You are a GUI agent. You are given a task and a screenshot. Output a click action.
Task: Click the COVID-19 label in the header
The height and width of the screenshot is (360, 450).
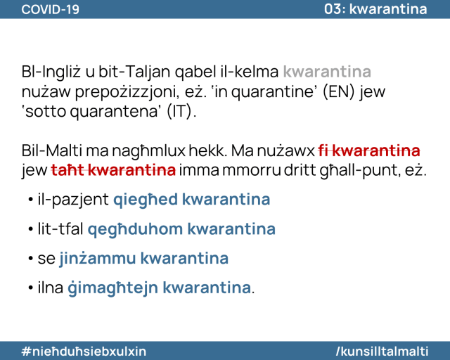(x=50, y=9)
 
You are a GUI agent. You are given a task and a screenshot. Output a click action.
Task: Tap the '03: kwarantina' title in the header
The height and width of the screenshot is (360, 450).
(x=375, y=9)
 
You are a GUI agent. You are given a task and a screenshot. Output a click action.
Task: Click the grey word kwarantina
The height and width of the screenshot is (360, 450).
(x=327, y=72)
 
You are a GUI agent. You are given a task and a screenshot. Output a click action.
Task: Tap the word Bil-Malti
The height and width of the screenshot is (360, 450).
(x=51, y=150)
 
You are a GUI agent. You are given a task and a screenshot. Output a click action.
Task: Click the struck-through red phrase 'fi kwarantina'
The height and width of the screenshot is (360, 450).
(x=369, y=150)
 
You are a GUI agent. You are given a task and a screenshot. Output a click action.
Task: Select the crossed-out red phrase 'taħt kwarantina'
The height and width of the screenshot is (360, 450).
(x=113, y=170)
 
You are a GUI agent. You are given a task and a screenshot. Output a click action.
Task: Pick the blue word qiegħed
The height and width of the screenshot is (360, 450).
(x=146, y=200)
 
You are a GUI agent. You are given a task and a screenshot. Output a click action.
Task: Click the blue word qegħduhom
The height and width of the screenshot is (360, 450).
(x=135, y=229)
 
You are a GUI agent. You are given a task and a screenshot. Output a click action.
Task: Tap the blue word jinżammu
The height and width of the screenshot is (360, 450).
(x=98, y=258)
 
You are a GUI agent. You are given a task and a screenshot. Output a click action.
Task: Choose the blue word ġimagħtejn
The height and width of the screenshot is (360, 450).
(x=112, y=288)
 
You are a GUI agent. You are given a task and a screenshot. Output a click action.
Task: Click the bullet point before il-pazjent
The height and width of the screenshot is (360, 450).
(x=31, y=200)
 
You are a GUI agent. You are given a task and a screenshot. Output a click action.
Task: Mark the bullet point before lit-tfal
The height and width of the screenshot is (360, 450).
(x=31, y=229)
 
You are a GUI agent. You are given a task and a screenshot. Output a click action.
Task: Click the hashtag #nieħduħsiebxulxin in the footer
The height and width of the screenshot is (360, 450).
(x=84, y=351)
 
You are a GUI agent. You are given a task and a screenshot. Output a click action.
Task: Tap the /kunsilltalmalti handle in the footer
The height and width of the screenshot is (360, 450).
(x=382, y=351)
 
